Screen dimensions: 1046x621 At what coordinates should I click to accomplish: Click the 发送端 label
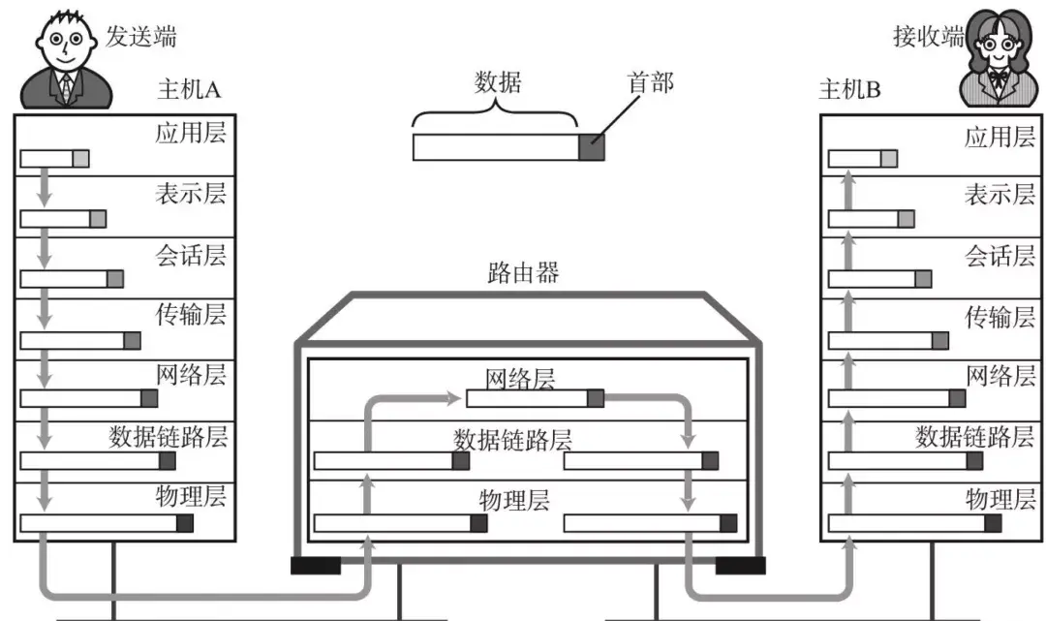141,37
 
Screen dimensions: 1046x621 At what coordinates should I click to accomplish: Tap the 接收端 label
927,37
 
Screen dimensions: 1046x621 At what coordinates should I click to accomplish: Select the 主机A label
189,90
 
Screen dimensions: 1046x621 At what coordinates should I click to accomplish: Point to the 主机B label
849,90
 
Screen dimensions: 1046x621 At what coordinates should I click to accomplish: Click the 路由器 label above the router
522,272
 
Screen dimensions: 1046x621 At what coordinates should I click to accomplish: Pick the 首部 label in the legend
651,83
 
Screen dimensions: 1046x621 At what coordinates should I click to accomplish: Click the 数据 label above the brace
498,81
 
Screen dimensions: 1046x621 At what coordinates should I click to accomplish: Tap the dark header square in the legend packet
591,147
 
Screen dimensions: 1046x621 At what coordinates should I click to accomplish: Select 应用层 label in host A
190,133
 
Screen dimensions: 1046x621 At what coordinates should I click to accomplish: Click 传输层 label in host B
1000,316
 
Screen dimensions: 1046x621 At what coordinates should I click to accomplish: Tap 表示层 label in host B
1000,194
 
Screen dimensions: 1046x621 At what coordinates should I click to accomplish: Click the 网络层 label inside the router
520,378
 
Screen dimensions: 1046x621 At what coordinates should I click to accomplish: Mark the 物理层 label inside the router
514,500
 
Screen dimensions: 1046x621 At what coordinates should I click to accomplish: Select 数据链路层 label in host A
168,436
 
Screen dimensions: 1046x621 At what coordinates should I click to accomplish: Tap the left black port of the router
315,565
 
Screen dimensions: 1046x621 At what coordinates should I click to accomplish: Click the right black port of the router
740,565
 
